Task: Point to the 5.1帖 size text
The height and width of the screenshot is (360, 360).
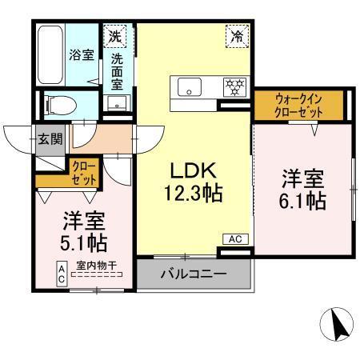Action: click(x=84, y=239)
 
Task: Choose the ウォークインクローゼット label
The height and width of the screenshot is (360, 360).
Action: click(x=299, y=104)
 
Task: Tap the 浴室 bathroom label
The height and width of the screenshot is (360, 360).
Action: click(x=81, y=55)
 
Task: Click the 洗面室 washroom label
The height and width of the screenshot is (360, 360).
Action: click(x=118, y=70)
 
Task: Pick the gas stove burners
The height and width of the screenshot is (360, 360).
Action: click(x=234, y=86)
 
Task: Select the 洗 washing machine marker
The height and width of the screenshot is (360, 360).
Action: click(x=116, y=35)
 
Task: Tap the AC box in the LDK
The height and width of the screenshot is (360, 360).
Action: click(x=236, y=238)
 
